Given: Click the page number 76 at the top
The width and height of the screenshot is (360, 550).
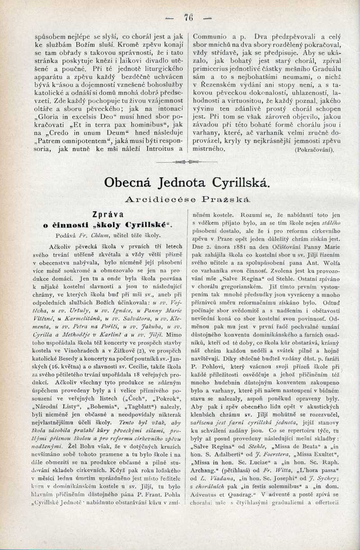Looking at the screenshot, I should tap(188, 18).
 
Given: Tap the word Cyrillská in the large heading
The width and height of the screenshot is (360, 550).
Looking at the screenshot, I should tap(238, 183).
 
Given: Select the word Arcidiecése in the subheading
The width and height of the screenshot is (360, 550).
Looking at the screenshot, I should tap(158, 200).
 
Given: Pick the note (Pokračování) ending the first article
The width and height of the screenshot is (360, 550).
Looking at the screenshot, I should tap(314, 150).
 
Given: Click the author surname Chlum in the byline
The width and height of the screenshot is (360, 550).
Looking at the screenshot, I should tap(96, 235).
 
